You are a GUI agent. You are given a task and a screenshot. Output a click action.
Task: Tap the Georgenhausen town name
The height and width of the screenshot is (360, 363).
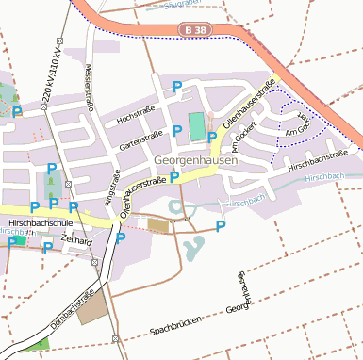[195, 161]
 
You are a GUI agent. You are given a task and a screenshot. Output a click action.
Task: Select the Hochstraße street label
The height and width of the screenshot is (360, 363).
[135, 114]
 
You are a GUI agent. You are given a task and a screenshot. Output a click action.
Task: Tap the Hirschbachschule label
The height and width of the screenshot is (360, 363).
[40, 225]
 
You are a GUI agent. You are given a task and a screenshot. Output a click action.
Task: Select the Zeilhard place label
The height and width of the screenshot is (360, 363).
[75, 241]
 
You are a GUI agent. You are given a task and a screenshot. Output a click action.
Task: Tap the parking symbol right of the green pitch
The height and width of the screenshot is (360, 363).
[213, 138]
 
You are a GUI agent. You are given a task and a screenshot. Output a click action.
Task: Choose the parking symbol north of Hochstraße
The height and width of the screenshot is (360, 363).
[176, 87]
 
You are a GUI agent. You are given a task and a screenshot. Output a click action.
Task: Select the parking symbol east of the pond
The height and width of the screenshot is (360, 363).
[221, 225]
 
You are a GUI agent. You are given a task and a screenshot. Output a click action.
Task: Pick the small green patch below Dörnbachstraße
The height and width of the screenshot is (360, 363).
[39, 344]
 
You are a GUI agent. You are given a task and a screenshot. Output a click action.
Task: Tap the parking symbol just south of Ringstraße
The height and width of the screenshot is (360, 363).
[121, 238]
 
